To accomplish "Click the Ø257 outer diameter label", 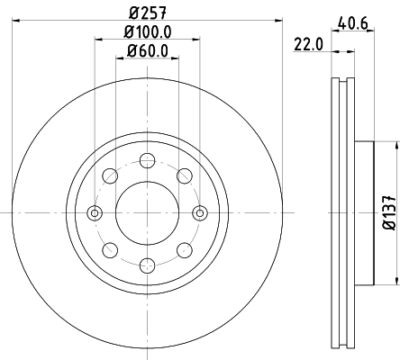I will coord(147,13).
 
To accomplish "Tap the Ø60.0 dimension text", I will coord(148,50).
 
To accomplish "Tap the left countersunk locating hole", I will coord(95,213).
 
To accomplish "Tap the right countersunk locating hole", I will coord(200,213).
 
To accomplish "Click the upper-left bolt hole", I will coord(110,176).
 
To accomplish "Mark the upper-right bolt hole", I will coord(184,176).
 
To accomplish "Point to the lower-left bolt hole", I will coord(110,250).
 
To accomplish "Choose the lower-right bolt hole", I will coord(184,250).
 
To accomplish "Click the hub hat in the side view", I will coord(363,213).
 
